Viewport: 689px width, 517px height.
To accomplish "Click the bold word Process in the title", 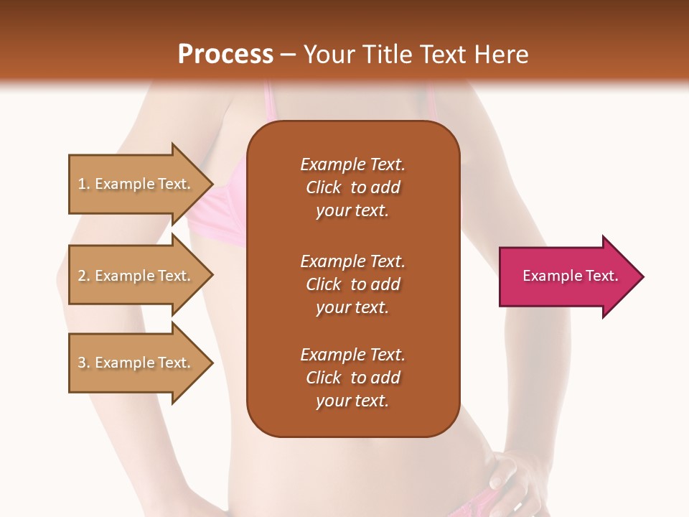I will coord(225,54).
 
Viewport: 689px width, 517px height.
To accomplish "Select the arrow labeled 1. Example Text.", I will coord(136,184).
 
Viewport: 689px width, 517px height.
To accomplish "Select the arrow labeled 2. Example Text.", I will coord(136,276).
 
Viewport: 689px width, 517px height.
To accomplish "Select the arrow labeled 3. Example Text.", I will coord(136,363).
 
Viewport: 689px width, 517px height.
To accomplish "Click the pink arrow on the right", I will coord(567,276).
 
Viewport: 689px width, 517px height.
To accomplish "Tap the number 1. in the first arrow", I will coord(84,184).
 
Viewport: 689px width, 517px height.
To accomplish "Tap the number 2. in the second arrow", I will coord(84,276).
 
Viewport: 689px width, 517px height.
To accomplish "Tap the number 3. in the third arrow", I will coord(84,363).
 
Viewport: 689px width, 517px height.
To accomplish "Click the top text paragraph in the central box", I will coord(352,187).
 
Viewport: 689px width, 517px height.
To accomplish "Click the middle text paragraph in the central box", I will coord(352,284).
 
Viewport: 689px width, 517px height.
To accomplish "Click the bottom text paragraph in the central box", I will coord(352,378).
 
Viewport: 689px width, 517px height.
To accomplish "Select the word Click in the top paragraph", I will coord(324,187).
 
